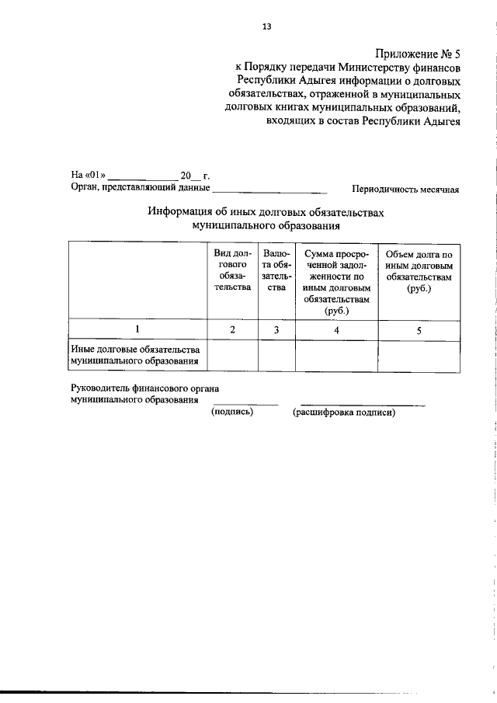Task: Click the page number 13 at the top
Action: [x=266, y=26]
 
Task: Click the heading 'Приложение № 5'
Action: [x=418, y=54]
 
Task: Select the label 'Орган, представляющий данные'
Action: [x=141, y=187]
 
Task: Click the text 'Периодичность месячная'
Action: [x=405, y=189]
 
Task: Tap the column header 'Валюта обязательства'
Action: [x=276, y=270]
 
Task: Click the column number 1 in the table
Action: [x=137, y=329]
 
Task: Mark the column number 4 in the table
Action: [x=336, y=329]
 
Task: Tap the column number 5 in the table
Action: [x=419, y=329]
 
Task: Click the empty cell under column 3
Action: [x=276, y=356]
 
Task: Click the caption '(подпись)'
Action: [x=232, y=412]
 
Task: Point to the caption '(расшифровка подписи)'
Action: [x=344, y=412]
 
